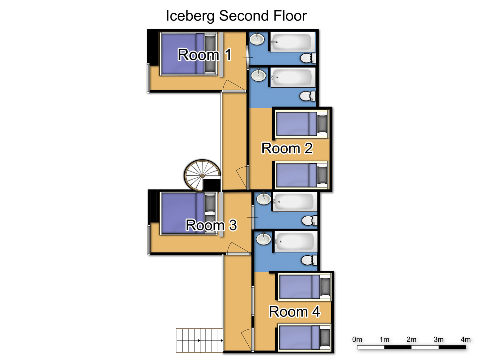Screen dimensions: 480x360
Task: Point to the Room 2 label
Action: click(287, 148)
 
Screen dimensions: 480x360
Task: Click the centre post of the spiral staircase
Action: click(202, 176)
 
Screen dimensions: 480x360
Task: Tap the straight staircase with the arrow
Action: click(200, 340)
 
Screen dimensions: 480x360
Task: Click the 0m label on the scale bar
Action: click(357, 340)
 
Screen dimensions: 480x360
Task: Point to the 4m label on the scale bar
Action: click(466, 340)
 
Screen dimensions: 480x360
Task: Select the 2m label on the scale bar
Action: click(411, 340)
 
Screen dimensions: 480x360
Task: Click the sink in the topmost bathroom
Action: click(257, 39)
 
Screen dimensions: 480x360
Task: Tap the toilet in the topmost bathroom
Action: click(308, 58)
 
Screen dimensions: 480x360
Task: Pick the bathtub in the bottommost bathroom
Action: click(296, 242)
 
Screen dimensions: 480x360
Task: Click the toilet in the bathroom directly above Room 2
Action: click(308, 96)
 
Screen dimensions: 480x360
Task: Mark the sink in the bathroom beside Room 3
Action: click(264, 198)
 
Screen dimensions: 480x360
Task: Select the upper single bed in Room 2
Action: click(301, 124)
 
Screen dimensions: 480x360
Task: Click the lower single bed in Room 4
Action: click(304, 338)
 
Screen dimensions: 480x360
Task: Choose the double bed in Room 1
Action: click(188, 54)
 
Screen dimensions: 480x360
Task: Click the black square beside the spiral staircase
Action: click(212, 184)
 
